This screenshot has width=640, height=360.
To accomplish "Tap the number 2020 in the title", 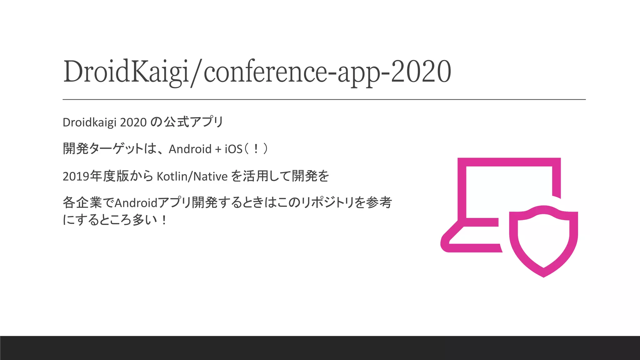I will (421, 72).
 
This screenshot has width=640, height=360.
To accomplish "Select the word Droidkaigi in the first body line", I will (90, 122).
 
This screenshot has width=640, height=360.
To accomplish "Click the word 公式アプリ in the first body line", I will (194, 122).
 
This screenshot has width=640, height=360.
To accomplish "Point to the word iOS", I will (233, 149).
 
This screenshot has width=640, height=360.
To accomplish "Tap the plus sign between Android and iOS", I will (218, 149).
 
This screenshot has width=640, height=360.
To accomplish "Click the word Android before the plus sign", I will (190, 149).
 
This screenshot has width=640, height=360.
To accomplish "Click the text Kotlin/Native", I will (192, 177).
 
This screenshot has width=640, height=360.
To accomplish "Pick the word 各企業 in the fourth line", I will (82, 203).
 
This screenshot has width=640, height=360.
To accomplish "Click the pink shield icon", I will (543, 241).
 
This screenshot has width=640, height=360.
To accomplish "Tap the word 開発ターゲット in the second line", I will (103, 149).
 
